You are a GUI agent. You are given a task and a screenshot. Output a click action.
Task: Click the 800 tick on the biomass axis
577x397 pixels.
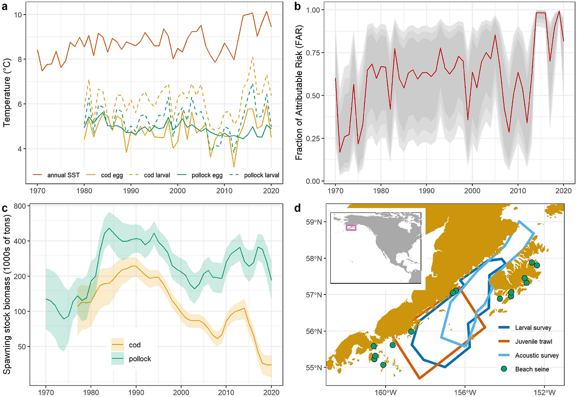coord(19,206)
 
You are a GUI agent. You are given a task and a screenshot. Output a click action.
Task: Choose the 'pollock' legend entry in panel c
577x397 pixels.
coord(139,359)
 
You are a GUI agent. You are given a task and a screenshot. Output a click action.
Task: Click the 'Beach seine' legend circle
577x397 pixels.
coord(504,369)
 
